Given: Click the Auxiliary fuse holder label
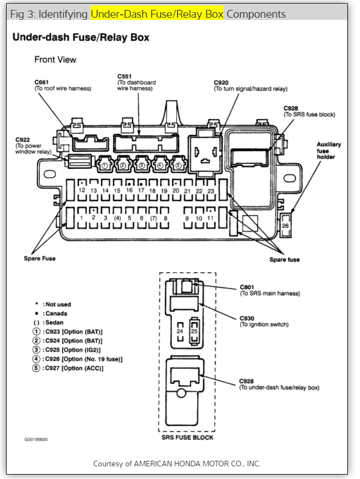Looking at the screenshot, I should (x=328, y=150).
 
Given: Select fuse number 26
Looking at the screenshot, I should (x=285, y=226).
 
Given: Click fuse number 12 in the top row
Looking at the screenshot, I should (x=82, y=190).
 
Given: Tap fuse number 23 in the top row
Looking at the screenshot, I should (x=210, y=190).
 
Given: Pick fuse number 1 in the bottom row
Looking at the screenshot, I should (x=82, y=218).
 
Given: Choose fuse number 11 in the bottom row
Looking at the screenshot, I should (x=210, y=218).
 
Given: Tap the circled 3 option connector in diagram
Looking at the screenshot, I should (x=142, y=164).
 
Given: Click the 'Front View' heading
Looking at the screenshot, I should (x=55, y=59).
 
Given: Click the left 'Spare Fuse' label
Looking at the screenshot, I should (x=39, y=258).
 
